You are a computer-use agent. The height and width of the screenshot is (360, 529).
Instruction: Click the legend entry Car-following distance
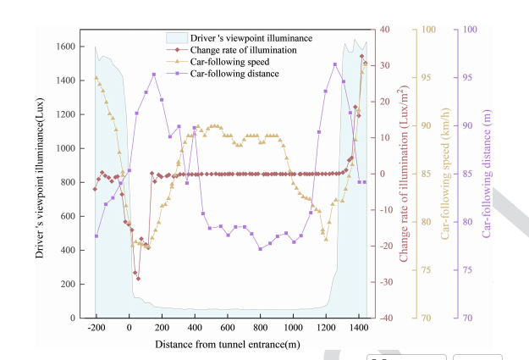click(234, 74)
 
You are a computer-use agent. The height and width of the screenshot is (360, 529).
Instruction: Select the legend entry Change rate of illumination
click(243, 50)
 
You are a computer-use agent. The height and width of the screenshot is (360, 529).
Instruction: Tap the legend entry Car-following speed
click(229, 62)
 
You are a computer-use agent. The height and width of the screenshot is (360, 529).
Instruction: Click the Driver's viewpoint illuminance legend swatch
click(177, 38)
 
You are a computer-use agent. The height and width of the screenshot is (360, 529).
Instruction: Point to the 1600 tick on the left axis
click(65, 47)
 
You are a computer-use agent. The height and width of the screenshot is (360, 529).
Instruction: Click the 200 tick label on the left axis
click(68, 284)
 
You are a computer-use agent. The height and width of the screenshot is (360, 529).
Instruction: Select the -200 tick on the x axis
click(96, 327)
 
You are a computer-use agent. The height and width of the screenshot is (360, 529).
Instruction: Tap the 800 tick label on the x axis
click(260, 327)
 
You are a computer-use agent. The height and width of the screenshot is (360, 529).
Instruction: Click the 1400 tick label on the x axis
click(359, 327)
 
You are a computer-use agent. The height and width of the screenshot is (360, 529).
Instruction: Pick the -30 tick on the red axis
click(386, 282)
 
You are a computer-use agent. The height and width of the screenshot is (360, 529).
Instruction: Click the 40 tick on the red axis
click(385, 30)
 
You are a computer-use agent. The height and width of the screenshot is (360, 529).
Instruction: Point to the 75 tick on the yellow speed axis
click(426, 270)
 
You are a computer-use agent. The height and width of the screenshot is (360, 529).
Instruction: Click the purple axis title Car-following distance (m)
click(487, 174)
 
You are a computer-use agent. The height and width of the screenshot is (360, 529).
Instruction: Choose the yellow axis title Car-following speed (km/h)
click(445, 174)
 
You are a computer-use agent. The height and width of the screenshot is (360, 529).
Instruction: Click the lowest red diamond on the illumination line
click(138, 279)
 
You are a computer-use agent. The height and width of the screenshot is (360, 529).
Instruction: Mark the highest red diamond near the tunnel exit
click(362, 57)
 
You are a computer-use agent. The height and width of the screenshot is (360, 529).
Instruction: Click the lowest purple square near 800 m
click(261, 249)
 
